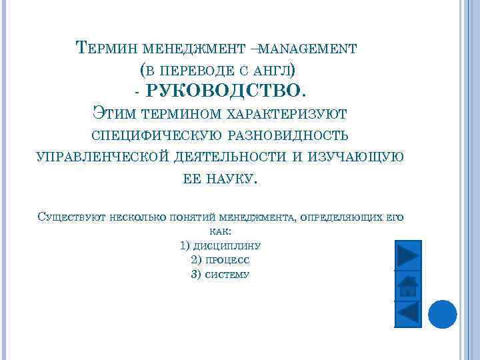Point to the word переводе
[199, 69]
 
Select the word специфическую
[156, 135]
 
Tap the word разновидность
[288, 135]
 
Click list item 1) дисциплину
[220, 245]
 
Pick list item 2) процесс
[220, 260]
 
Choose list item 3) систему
[220, 274]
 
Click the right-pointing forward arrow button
[407, 255]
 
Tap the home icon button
[407, 285]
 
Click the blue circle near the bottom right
[441, 313]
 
